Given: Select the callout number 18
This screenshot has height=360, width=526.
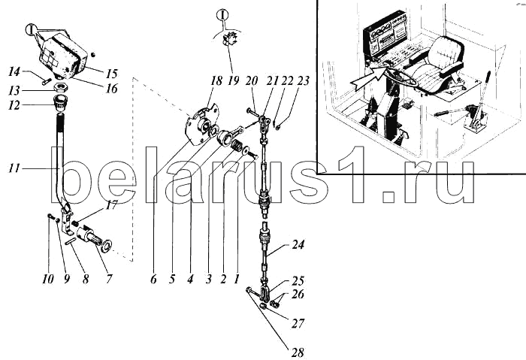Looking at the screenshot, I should pyautogui.click(x=216, y=80).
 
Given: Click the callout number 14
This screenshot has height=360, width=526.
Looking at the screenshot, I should pyautogui.click(x=14, y=72).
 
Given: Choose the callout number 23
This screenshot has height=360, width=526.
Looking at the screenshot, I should pyautogui.click(x=303, y=80).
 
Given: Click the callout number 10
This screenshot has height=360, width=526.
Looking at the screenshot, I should pyautogui.click(x=48, y=279).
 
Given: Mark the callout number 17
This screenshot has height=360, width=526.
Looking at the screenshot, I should pyautogui.click(x=110, y=204).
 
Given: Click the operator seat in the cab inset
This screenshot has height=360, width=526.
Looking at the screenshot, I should pyautogui.click(x=444, y=64).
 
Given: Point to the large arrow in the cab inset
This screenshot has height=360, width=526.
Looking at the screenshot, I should pyautogui.click(x=367, y=75).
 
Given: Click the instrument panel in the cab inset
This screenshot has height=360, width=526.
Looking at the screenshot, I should pyautogui.click(x=388, y=34).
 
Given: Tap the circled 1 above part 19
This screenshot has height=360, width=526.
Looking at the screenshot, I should pyautogui.click(x=223, y=15).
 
